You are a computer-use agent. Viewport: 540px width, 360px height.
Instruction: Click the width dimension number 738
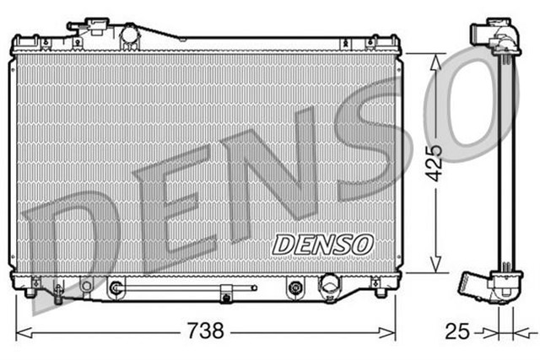tap(205, 331)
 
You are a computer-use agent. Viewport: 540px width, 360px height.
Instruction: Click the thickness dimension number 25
tap(456, 331)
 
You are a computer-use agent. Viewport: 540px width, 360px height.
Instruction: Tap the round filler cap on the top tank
tap(131, 35)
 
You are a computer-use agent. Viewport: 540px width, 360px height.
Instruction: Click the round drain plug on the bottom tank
tap(327, 290)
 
